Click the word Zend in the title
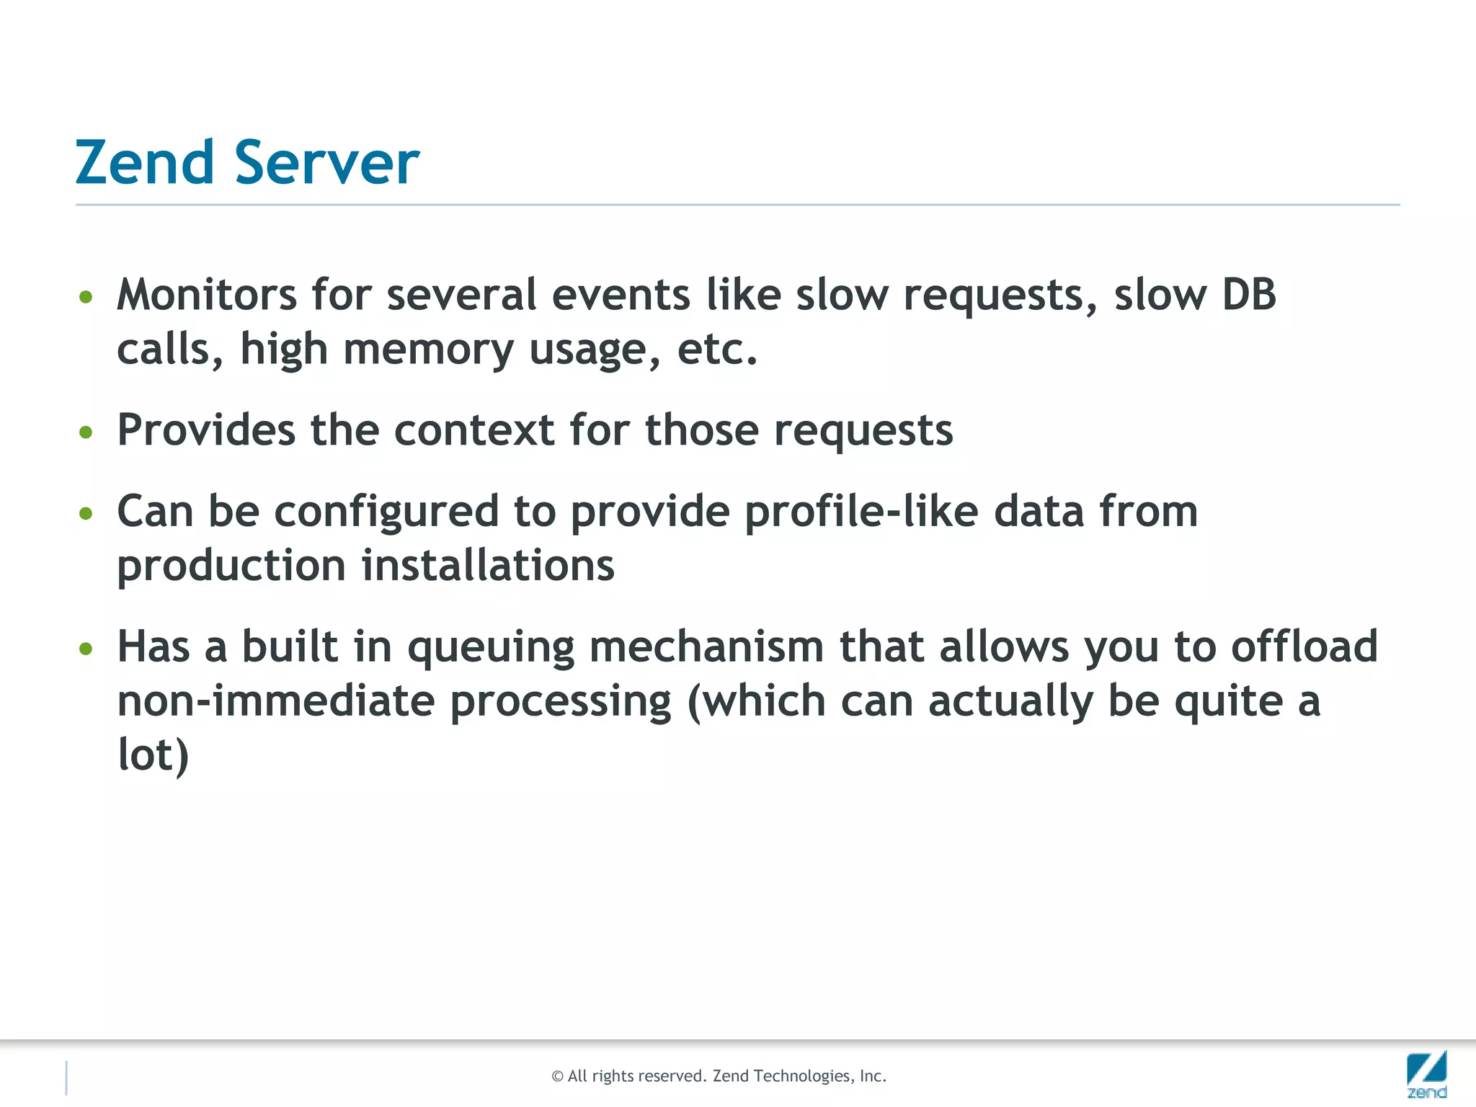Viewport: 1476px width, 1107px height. click(x=144, y=162)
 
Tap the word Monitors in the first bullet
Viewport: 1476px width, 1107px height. click(x=207, y=295)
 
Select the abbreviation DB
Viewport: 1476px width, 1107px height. click(x=1248, y=295)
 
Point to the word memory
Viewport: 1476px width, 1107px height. click(x=428, y=351)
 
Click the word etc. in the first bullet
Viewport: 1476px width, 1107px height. click(x=717, y=350)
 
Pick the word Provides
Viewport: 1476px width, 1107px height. click(x=206, y=430)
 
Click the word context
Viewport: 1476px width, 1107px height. click(x=474, y=430)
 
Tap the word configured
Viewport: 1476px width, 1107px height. click(x=386, y=513)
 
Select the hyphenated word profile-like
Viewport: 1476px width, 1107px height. click(x=861, y=513)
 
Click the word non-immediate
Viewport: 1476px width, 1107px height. click(x=276, y=701)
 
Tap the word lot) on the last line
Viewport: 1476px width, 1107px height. click(x=153, y=755)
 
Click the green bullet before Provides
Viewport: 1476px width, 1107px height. click(x=86, y=432)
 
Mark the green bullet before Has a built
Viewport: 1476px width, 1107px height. click(x=86, y=649)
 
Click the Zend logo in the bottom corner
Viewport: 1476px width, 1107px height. click(x=1426, y=1074)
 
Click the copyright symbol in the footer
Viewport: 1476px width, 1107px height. click(x=557, y=1077)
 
